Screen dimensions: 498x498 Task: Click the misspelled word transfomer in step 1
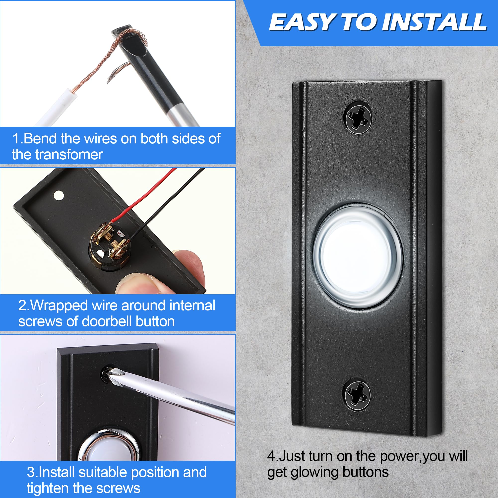[x=69, y=155]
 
